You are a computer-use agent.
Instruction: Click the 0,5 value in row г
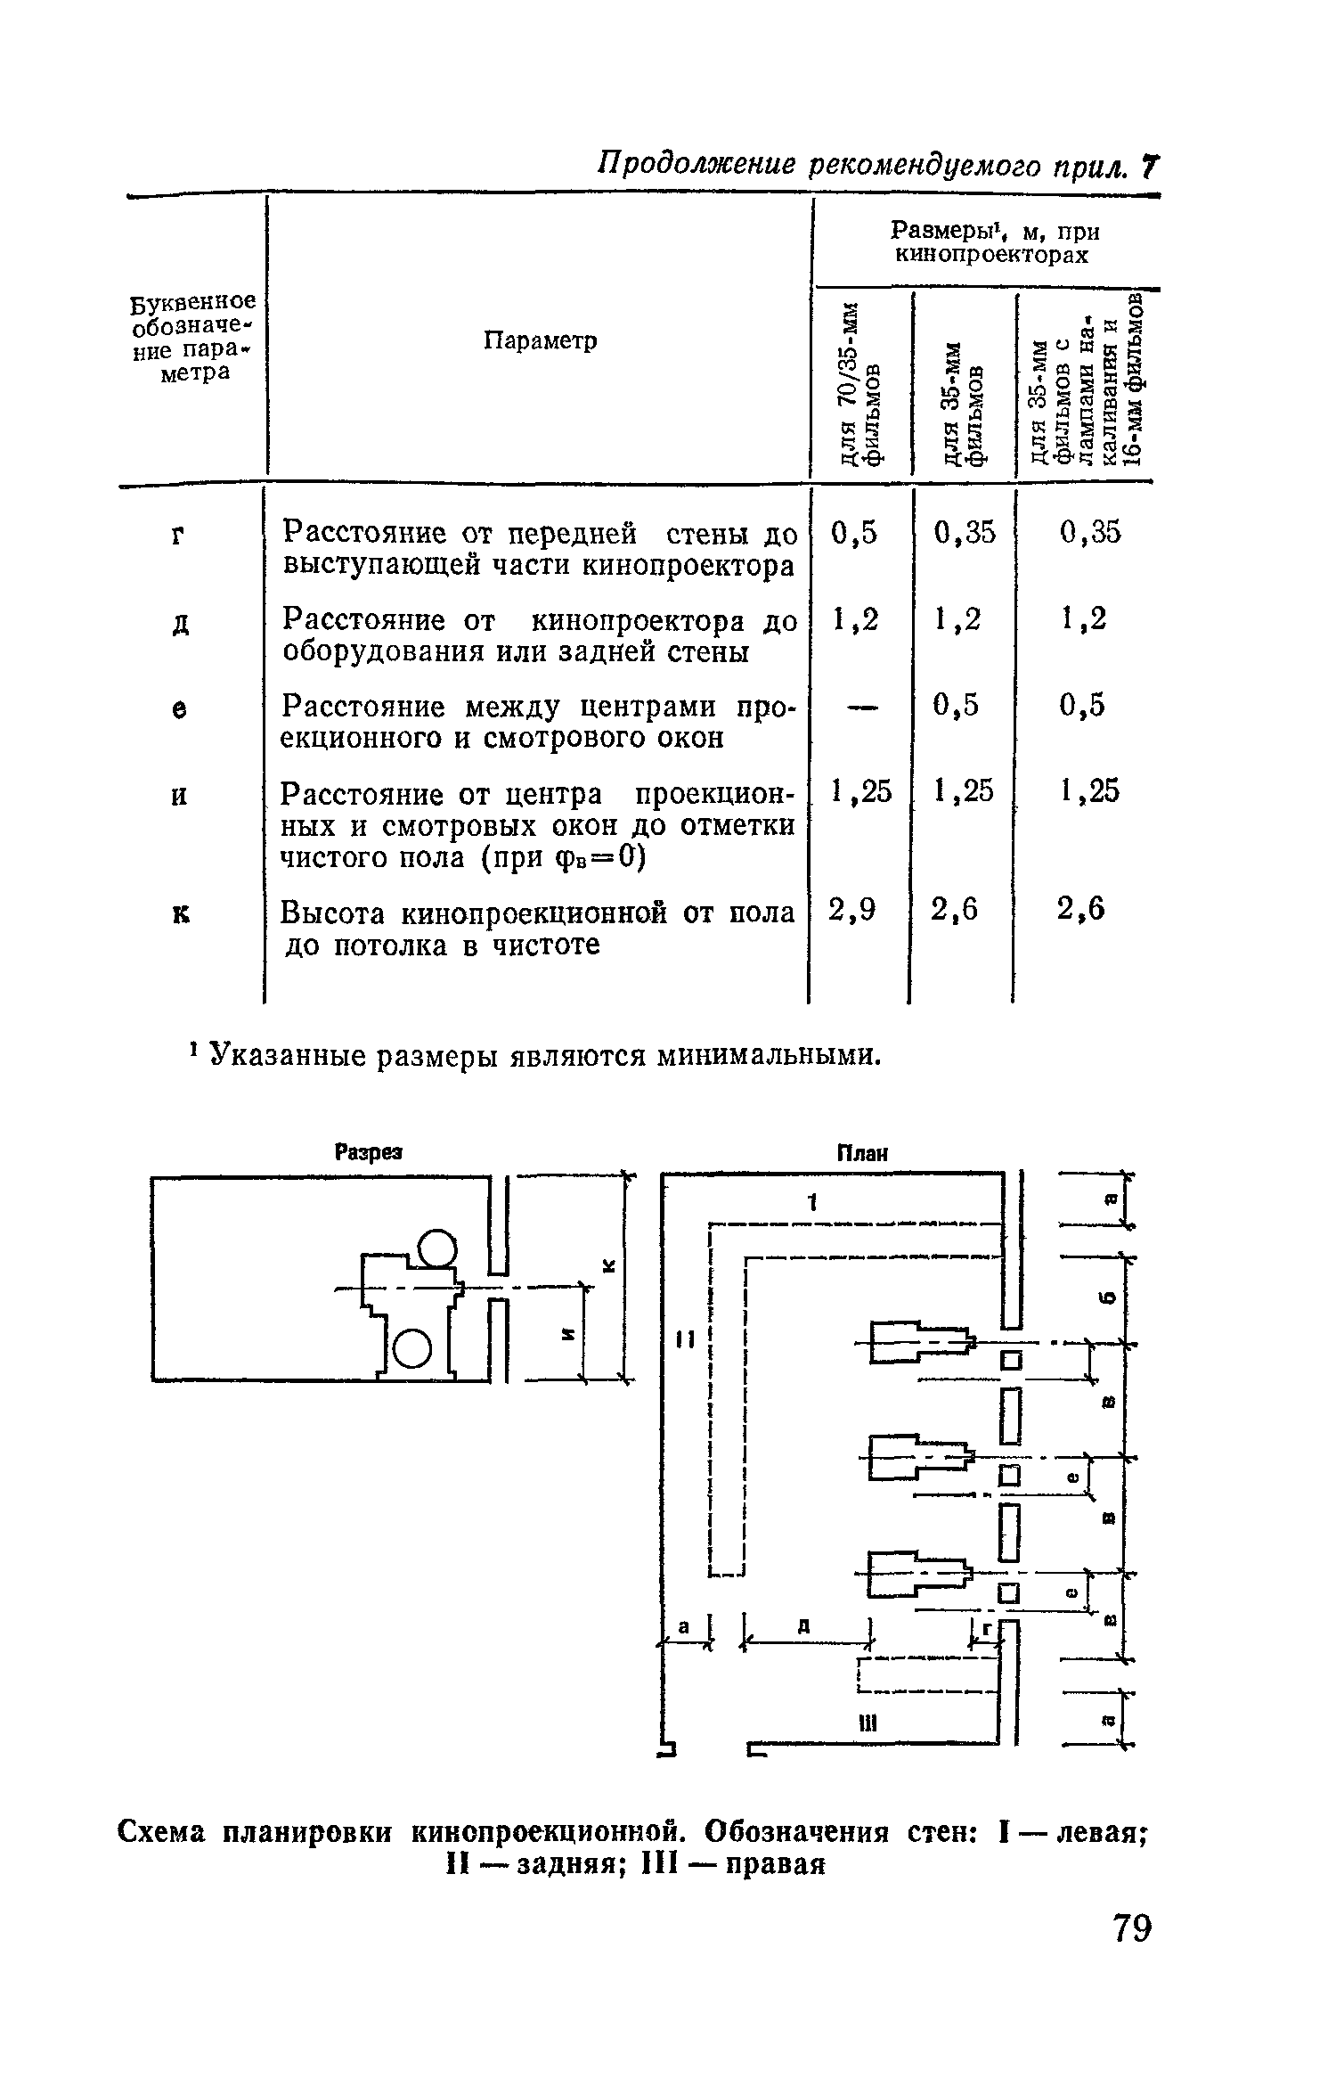pyautogui.click(x=853, y=533)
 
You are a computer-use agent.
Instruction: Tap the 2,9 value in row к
pyautogui.click(x=852, y=909)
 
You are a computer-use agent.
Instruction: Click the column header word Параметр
pyautogui.click(x=541, y=340)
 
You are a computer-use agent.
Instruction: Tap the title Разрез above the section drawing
pyautogui.click(x=368, y=1152)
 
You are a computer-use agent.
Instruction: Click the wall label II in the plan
pyautogui.click(x=683, y=1338)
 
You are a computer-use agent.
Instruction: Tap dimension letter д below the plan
pyautogui.click(x=802, y=1626)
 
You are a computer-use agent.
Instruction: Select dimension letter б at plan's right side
pyautogui.click(x=1107, y=1297)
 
